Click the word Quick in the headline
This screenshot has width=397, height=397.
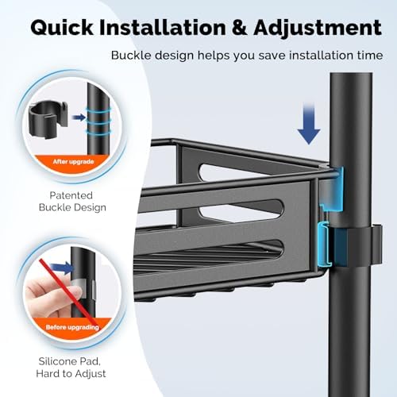pyautogui.click(x=62, y=28)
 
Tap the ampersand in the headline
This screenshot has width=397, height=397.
pyautogui.click(x=239, y=28)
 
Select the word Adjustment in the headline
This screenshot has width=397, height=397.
pyautogui.click(x=318, y=29)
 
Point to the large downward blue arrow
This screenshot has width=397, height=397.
pyautogui.click(x=309, y=124)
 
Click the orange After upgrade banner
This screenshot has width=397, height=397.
pyautogui.click(x=73, y=162)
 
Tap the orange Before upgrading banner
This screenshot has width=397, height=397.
pyautogui.click(x=72, y=328)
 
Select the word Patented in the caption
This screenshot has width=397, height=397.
pyautogui.click(x=71, y=195)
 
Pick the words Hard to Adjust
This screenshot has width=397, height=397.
pyautogui.click(x=71, y=374)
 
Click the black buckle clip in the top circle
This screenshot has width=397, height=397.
pyautogui.click(x=48, y=119)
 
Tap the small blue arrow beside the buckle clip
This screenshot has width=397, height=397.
pyautogui.click(x=79, y=118)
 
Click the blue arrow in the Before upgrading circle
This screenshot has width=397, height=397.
pyautogui.click(x=61, y=268)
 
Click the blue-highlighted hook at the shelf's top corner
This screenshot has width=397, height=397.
pyautogui.click(x=332, y=189)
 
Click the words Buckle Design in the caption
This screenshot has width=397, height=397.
pyautogui.click(x=72, y=207)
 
